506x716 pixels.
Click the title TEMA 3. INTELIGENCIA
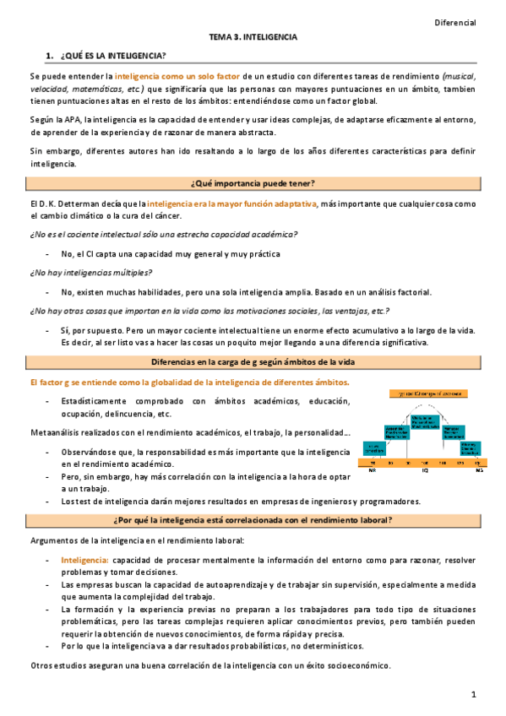tap(253, 38)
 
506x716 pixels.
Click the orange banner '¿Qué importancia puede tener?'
tap(253, 184)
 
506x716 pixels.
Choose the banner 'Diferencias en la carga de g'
tap(253, 361)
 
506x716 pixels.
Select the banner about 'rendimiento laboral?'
tap(253, 518)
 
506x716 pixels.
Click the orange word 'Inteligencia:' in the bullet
tap(84, 561)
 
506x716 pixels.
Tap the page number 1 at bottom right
tap(475, 694)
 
